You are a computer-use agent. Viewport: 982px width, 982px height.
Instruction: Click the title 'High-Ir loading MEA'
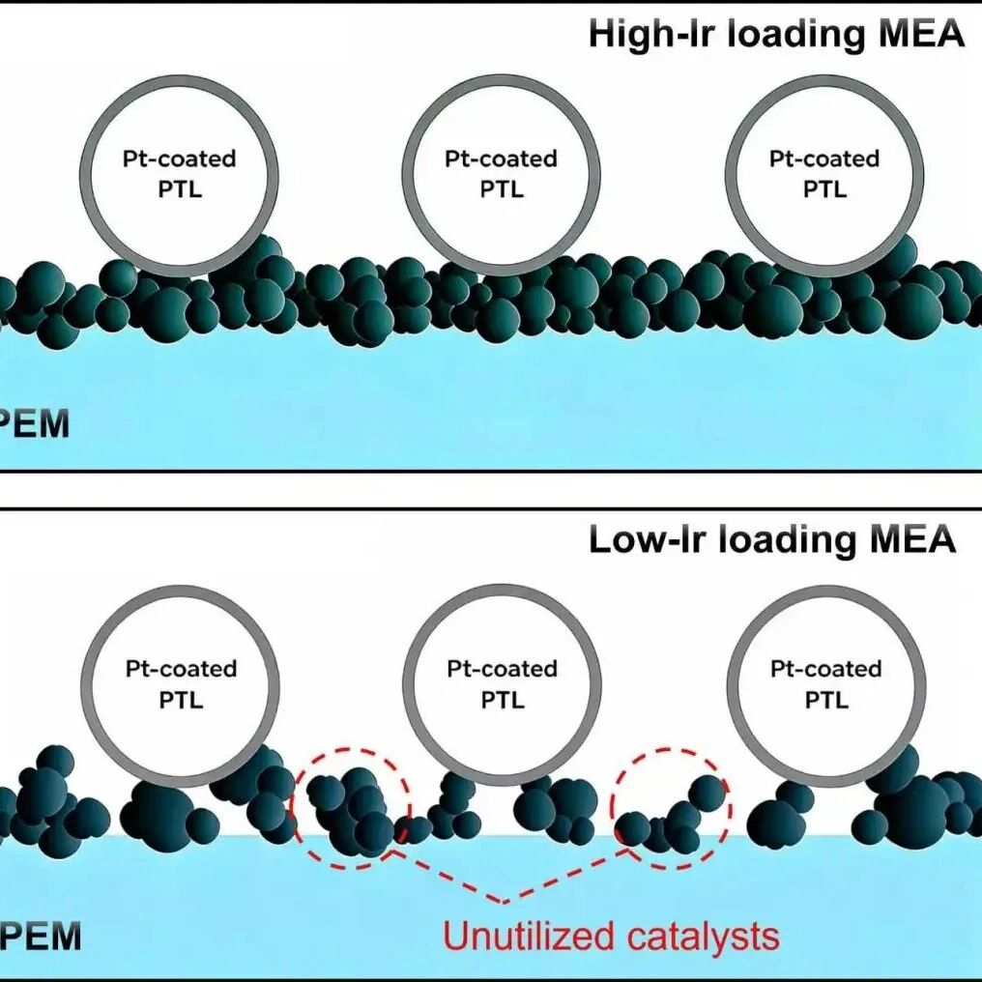click(x=776, y=34)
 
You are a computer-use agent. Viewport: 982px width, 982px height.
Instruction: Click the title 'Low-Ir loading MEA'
click(x=771, y=538)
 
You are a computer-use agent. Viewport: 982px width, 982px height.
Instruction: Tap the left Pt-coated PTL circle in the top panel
click(x=179, y=173)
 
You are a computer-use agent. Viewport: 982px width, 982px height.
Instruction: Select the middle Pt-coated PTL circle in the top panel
click(x=501, y=173)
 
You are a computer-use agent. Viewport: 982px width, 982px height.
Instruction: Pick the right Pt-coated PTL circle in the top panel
click(x=823, y=173)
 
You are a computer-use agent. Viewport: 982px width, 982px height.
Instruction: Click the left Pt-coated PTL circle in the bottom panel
click(x=180, y=683)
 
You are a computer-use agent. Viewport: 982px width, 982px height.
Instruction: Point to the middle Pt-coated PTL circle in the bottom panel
click(x=502, y=683)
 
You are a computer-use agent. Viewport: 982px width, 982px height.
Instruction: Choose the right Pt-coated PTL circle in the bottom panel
click(x=825, y=683)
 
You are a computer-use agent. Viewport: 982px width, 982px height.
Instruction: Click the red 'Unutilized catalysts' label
click(x=610, y=936)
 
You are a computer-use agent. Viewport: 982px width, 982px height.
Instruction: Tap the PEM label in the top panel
click(x=37, y=423)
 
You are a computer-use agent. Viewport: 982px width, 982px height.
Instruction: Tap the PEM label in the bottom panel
click(x=41, y=936)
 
